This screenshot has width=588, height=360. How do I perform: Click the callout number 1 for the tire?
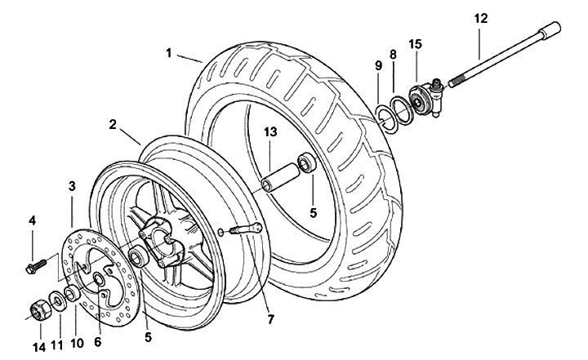coord(168,54)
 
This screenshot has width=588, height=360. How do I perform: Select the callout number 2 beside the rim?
coord(111,125)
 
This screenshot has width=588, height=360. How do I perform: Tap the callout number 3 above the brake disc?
coord(72,187)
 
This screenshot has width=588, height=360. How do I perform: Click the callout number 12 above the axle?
coord(479,17)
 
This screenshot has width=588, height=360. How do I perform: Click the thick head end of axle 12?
coord(555,29)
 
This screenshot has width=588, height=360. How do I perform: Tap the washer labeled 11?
coord(54,300)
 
